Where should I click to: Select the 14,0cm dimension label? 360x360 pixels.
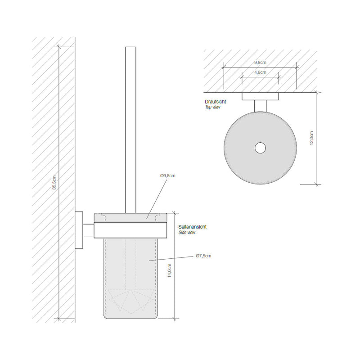coord(169,272)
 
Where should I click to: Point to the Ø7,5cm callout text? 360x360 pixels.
coord(203,256)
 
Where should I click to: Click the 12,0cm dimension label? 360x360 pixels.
coord(311,137)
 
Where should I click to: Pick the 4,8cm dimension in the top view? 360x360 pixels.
coord(260,72)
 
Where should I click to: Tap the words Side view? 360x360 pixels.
coord(187,233)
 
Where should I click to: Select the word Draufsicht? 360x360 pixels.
coord(215,102)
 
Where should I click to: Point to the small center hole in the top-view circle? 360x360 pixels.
coord(260,148)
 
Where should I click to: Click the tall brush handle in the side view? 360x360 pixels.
coord(130,126)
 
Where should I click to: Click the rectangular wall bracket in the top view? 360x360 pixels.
coord(261,96)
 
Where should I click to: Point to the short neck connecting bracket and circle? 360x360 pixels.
coord(260,106)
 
